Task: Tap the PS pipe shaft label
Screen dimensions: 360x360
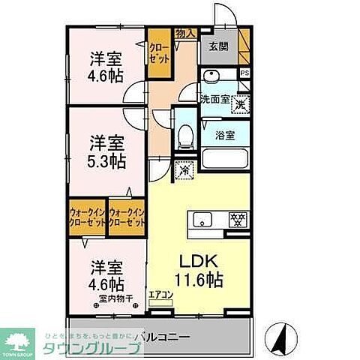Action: tap(244, 73)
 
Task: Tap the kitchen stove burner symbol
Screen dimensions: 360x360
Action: tap(238, 220)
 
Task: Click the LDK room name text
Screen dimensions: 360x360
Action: tap(199, 262)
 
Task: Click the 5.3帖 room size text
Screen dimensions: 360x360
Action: tap(105, 160)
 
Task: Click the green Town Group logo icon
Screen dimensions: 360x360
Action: tap(21, 340)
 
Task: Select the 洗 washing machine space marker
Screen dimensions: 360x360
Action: tap(240, 105)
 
